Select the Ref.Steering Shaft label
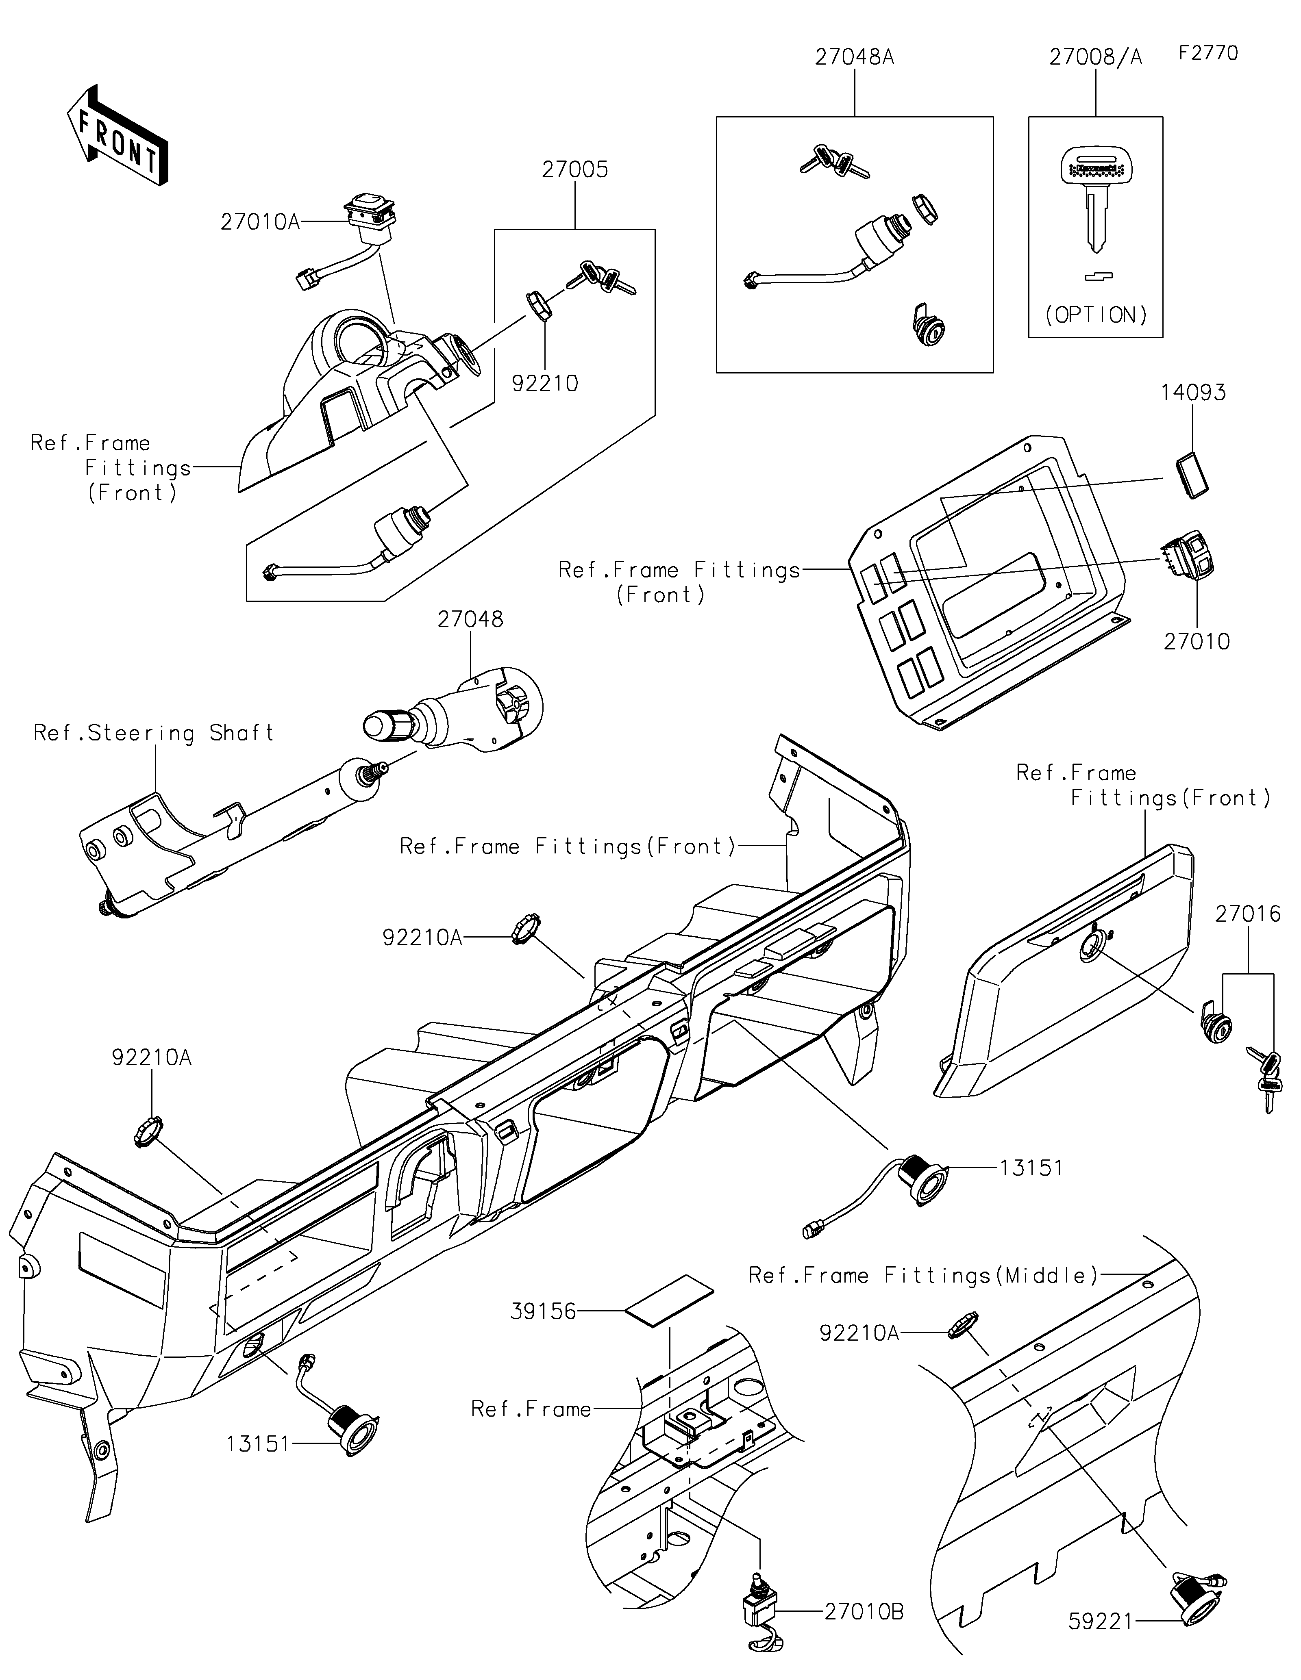click(154, 733)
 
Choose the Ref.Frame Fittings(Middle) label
click(923, 1275)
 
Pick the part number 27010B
click(863, 1612)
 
